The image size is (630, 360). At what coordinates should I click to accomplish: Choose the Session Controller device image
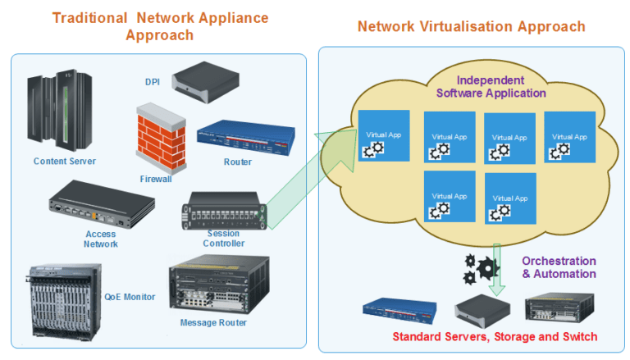(224, 211)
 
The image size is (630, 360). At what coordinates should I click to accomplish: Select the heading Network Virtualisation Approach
(471, 26)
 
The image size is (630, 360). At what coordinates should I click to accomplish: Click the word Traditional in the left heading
(89, 18)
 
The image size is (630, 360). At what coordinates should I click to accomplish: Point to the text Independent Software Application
(491, 87)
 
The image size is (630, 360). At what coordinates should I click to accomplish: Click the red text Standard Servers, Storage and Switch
(495, 336)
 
